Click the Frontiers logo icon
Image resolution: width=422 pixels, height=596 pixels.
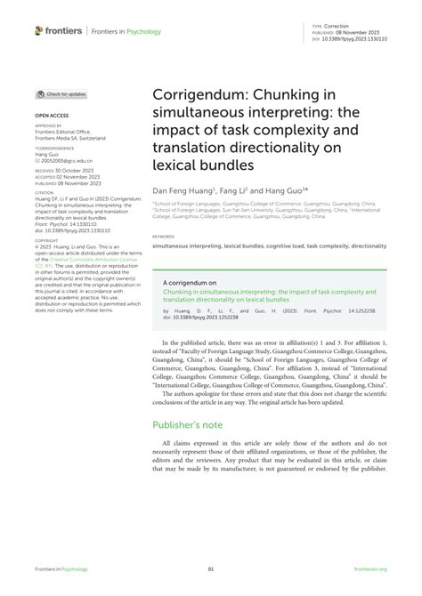coord(38,30)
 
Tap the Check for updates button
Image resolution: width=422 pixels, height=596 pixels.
coord(61,93)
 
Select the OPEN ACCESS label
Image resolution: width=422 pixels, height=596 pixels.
coord(51,116)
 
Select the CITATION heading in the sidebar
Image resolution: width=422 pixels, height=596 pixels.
coord(45,191)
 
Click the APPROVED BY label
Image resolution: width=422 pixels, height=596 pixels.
coord(48,126)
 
